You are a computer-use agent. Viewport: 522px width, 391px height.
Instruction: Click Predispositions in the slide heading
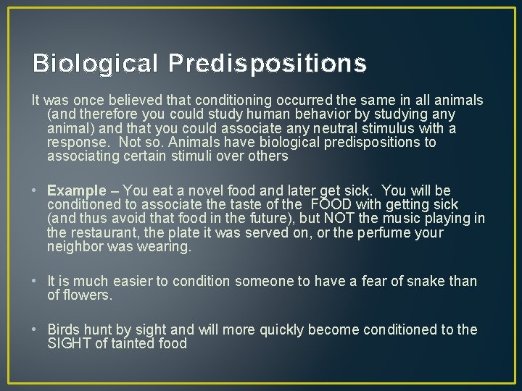tap(268, 64)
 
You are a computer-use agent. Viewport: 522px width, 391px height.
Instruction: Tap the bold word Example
tap(76, 191)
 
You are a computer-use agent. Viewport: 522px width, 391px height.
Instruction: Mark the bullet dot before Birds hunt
tap(36, 330)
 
